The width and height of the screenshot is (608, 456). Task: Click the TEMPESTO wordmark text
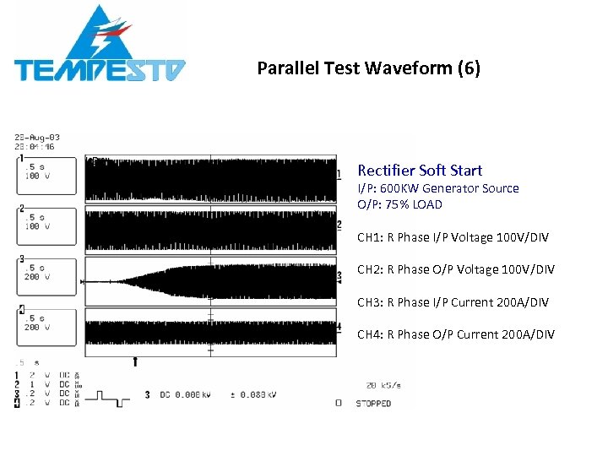(x=100, y=70)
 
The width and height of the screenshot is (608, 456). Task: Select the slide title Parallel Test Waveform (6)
(x=368, y=68)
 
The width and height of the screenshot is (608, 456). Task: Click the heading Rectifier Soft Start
(x=420, y=171)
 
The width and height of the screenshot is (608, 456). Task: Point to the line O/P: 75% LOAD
(x=399, y=204)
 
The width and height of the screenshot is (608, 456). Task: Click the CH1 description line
(x=453, y=237)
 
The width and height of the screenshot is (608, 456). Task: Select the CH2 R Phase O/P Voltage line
(x=456, y=269)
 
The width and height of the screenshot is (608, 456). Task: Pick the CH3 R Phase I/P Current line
(x=453, y=302)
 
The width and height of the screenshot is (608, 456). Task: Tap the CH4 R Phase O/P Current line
(x=456, y=334)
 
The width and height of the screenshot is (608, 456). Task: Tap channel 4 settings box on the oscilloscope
(x=47, y=328)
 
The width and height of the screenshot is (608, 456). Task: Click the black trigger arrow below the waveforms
(x=135, y=361)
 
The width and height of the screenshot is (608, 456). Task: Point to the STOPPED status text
(x=372, y=404)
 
